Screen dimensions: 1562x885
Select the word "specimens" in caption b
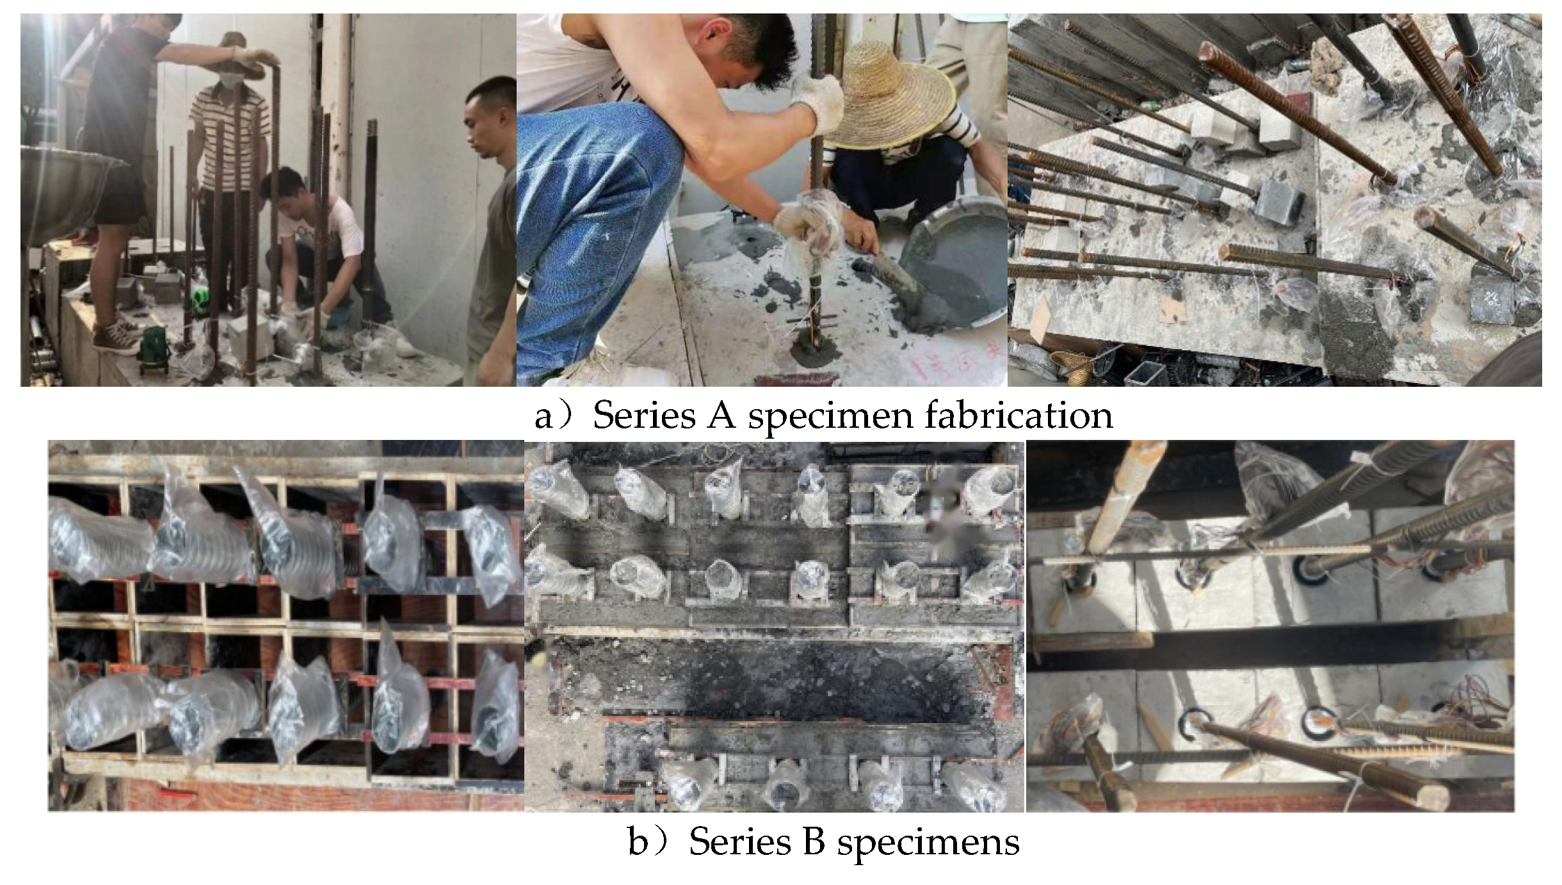point(928,843)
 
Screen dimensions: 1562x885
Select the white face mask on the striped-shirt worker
point(231,81)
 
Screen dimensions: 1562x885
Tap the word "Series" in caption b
point(740,841)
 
